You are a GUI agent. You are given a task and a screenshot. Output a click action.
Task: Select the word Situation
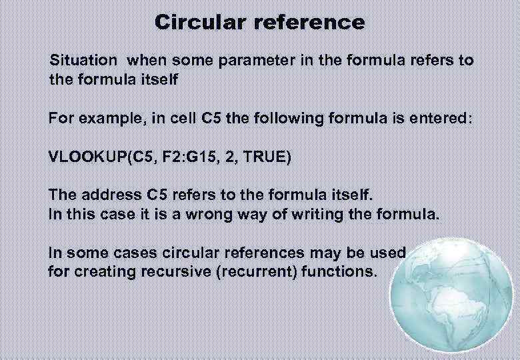[83, 60]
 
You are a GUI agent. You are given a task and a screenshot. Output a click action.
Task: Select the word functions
[341, 272]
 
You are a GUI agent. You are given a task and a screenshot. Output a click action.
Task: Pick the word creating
[97, 272]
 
